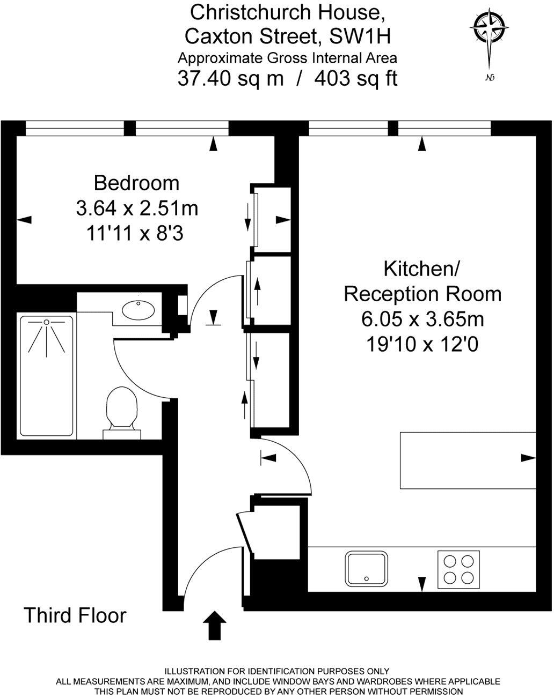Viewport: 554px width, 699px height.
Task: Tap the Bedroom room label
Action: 136,183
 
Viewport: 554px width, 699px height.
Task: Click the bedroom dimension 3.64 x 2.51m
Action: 137,208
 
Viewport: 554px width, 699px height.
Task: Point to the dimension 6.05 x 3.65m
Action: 422,319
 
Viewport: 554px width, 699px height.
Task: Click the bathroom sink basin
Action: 138,309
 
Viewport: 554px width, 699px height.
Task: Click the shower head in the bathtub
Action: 47,322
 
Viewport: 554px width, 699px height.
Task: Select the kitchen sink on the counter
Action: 367,568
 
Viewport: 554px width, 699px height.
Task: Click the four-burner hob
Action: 458,569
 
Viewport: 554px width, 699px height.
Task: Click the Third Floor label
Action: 75,615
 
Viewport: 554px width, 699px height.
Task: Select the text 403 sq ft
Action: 355,79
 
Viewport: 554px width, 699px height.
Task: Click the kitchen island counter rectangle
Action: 468,460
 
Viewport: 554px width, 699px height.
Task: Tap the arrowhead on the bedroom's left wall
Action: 25,219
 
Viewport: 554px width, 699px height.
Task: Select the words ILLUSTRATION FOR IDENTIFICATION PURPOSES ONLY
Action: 276,671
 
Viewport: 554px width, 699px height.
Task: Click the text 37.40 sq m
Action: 230,79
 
